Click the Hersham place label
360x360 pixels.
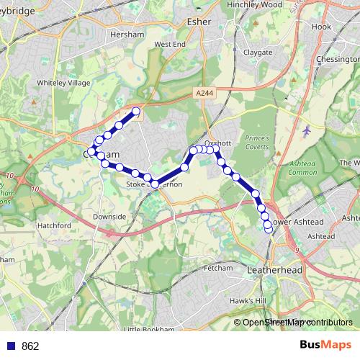(x=132, y=35)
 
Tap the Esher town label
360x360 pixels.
(x=199, y=22)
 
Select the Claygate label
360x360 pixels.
(x=258, y=53)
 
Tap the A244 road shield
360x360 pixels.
(x=204, y=92)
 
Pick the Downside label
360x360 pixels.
(x=109, y=216)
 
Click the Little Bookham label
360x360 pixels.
(x=149, y=329)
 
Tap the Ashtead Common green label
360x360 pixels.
(x=303, y=168)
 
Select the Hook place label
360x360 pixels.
(x=321, y=27)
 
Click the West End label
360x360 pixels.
(x=169, y=45)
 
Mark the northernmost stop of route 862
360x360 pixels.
(x=135, y=111)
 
